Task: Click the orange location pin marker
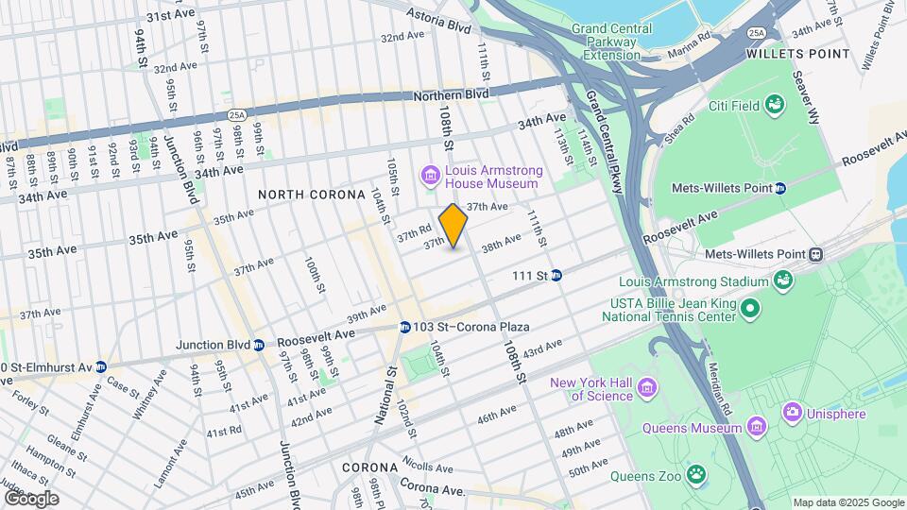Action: tap(453, 226)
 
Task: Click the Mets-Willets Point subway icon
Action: tap(780, 188)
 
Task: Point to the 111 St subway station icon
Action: tap(556, 275)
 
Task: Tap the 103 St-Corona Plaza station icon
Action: tap(404, 327)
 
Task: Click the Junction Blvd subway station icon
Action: tap(258, 345)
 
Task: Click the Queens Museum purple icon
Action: tap(755, 428)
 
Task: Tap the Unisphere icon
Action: tap(792, 412)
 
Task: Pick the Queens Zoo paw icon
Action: tap(696, 472)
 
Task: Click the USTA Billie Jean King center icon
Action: tap(749, 308)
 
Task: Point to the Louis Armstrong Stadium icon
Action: tap(782, 280)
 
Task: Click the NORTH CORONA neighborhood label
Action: tap(311, 195)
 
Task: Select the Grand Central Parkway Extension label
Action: tap(611, 42)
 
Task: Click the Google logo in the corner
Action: tap(30, 498)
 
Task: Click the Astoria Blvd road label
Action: tap(437, 23)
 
